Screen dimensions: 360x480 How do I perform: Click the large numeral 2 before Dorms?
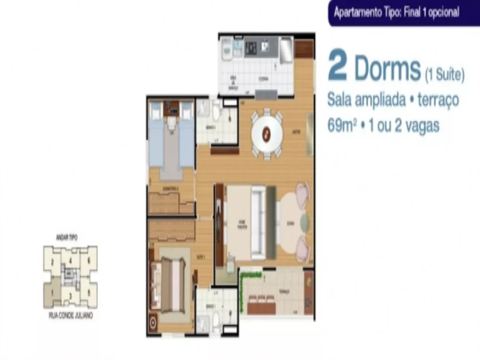[x=338, y=69]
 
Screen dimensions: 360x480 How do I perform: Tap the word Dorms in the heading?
[x=387, y=70]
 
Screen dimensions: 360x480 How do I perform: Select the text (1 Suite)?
[x=444, y=74]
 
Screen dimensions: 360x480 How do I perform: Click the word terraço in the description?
[x=438, y=100]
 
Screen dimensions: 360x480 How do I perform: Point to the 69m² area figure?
[x=342, y=126]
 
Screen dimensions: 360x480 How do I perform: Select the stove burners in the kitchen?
[x=251, y=48]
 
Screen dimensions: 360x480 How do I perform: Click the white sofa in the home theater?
[x=258, y=222]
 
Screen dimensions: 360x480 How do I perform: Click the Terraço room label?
[x=284, y=291]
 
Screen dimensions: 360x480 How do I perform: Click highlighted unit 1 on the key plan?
[x=52, y=291]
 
